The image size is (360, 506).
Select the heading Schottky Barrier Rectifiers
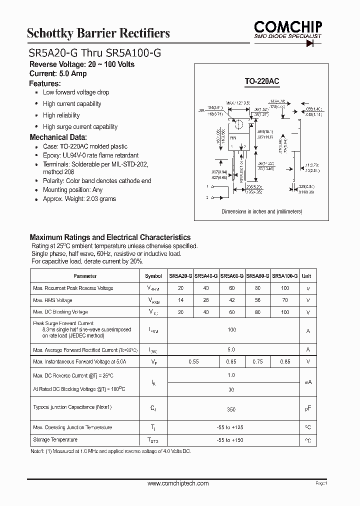[x=98, y=33]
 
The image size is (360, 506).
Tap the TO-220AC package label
[x=261, y=80]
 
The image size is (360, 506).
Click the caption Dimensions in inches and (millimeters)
[x=261, y=211]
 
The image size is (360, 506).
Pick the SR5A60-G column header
[x=232, y=276]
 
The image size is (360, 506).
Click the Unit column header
[x=306, y=276]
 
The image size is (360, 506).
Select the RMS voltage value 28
[x=206, y=300]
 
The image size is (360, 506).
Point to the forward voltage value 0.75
[x=258, y=361]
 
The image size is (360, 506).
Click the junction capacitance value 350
[x=231, y=409]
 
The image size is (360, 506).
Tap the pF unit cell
[x=308, y=409]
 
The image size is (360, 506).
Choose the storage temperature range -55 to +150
[x=231, y=440]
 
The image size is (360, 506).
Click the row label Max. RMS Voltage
[x=52, y=300]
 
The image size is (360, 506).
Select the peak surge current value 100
[x=231, y=330]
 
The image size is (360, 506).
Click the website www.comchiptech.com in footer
[x=178, y=483]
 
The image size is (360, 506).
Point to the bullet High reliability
[x=61, y=115]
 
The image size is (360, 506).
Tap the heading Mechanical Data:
[x=58, y=137]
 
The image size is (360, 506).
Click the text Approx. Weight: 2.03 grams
[x=79, y=198]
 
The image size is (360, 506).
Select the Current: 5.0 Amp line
[x=58, y=73]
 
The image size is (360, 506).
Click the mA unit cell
[x=308, y=382]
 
